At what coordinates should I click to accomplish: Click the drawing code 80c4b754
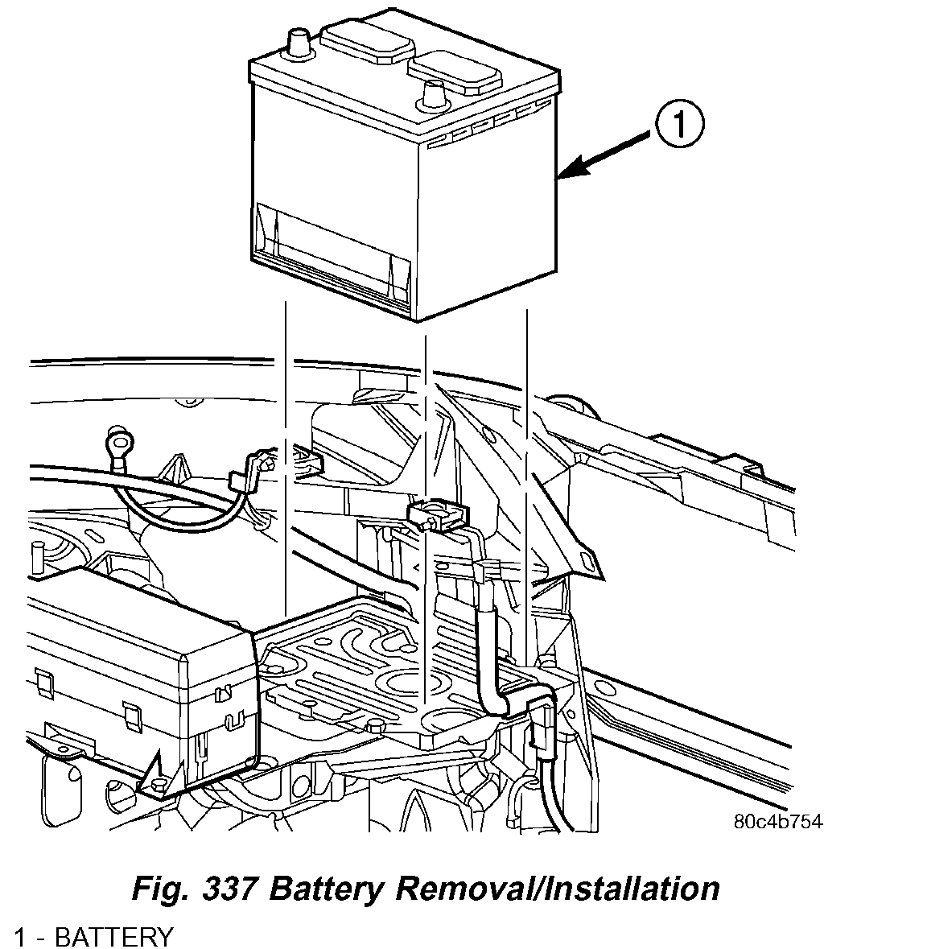[x=778, y=822]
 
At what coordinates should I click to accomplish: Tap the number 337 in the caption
[x=233, y=889]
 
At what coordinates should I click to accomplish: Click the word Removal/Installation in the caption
[x=553, y=889]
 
